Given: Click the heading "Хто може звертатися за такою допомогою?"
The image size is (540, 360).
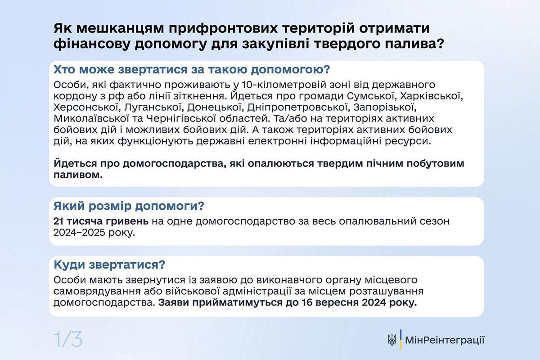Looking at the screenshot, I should pyautogui.click(x=192, y=70).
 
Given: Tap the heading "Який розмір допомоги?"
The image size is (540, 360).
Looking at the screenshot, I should pyautogui.click(x=129, y=207).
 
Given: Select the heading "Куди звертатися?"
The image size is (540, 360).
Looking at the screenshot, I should pyautogui.click(x=109, y=264).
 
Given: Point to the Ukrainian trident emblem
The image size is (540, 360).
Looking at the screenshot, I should pyautogui.click(x=392, y=340).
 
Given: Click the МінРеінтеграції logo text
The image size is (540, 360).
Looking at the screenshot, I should pyautogui.click(x=445, y=340).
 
